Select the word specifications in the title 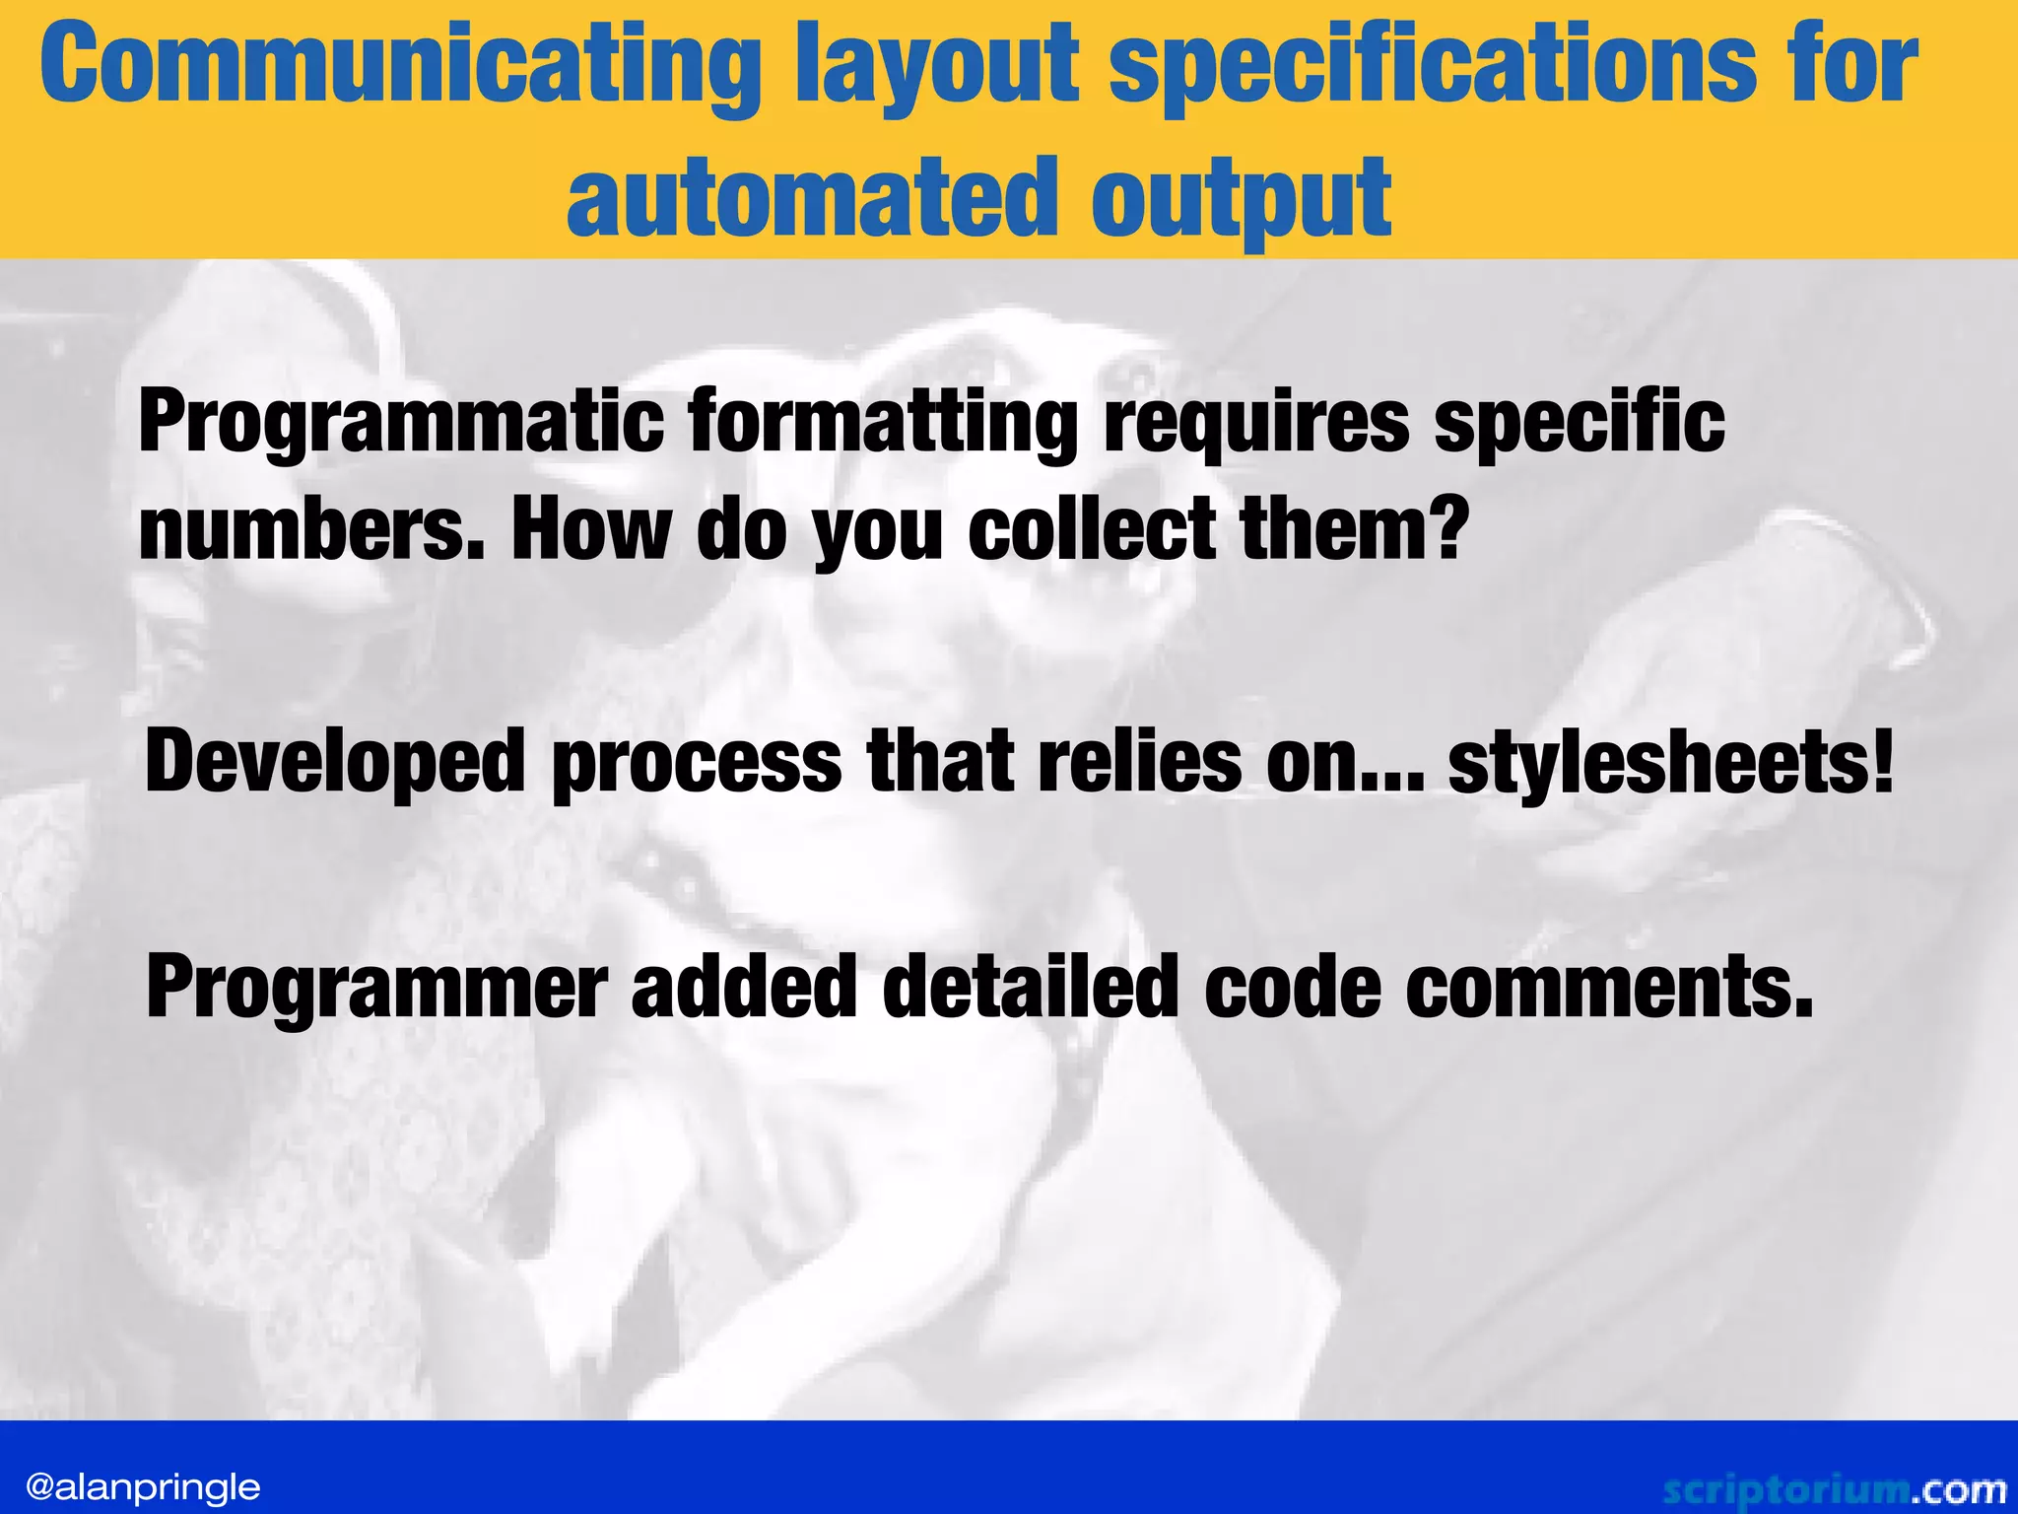1434,67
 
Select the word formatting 883,424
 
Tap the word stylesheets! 1671,762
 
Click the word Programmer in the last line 376,989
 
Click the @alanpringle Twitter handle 143,1486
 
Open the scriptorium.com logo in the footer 1834,1489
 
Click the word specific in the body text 1579,424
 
